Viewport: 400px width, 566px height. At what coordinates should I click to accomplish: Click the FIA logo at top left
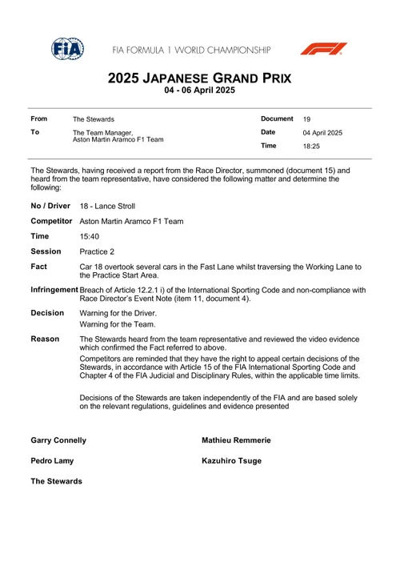67,49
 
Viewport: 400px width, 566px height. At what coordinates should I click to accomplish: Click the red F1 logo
323,49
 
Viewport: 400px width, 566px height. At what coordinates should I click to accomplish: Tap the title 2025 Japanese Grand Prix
199,79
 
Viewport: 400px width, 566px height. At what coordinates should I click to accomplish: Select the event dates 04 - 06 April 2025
199,92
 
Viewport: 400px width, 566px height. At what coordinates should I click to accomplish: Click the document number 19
307,119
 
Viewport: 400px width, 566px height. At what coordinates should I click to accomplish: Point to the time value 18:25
311,147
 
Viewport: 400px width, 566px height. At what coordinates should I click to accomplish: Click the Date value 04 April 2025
322,133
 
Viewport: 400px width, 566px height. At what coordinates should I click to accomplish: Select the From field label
39,118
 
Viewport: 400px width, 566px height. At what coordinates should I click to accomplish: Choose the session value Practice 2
100,251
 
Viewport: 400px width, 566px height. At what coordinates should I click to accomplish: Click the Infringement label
54,290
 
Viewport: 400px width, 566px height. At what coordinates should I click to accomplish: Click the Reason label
46,339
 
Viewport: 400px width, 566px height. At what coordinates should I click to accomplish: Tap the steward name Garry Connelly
58,440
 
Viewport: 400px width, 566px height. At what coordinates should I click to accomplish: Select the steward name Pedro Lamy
53,460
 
